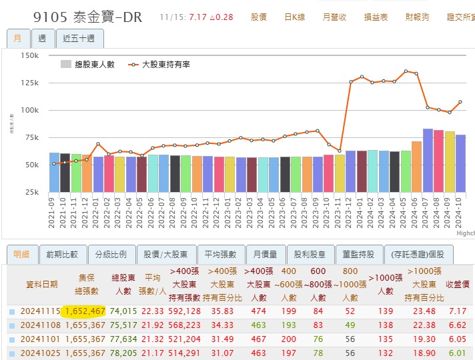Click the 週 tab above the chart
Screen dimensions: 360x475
[43, 38]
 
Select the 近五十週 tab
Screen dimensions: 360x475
[79, 38]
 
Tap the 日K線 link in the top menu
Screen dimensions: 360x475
[294, 17]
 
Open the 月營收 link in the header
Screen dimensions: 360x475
[334, 17]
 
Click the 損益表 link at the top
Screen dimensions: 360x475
[376, 17]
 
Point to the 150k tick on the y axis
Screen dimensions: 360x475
[29, 55]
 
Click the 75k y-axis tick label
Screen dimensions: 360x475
[31, 137]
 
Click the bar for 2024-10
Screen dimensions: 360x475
[460, 163]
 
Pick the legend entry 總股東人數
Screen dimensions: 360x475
[87, 64]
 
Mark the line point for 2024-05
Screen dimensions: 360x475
[406, 71]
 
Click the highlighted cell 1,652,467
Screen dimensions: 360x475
[83, 311]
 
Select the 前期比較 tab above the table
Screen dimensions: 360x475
[62, 254]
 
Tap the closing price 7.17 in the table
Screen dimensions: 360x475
[458, 311]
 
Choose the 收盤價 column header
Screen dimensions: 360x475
[458, 284]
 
